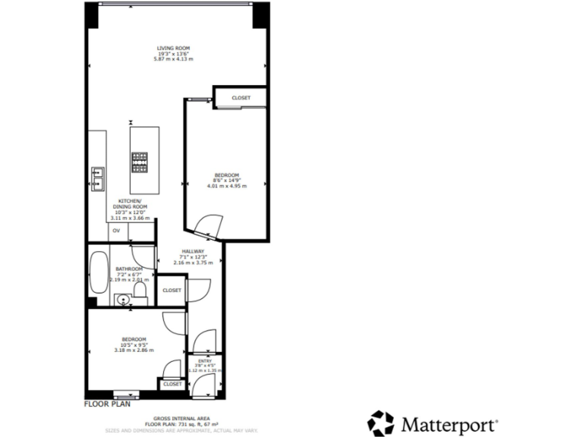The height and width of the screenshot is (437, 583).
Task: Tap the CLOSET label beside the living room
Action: coord(241,98)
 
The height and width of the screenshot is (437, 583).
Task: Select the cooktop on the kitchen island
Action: coord(140,159)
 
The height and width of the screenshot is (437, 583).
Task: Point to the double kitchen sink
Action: coord(98,177)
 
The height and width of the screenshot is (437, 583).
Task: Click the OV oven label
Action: coord(116,230)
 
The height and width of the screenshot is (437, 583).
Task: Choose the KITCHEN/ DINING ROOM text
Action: coord(130,204)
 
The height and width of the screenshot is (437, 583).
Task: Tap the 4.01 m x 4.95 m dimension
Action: coord(227,185)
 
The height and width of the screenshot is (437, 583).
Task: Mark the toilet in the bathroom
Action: coord(140,291)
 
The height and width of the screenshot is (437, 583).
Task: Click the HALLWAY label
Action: coord(193,252)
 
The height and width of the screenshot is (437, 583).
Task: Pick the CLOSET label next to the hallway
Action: coord(172,290)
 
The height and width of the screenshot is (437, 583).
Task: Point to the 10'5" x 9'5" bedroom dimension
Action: coord(134,344)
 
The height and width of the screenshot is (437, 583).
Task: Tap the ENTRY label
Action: coord(204,360)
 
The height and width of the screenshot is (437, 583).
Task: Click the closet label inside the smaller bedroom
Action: coord(172,384)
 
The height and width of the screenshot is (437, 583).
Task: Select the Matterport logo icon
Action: coord(381,423)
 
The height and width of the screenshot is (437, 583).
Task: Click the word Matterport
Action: coord(449,423)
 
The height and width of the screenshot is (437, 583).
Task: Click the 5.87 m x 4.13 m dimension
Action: coord(175,59)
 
